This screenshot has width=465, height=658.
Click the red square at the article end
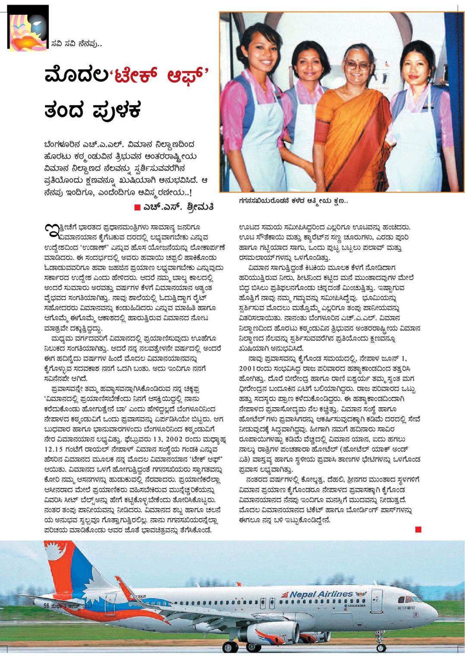tap(418, 529)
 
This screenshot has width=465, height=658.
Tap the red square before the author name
tap(137, 208)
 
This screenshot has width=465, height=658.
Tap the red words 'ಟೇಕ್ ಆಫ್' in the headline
tap(162, 76)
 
